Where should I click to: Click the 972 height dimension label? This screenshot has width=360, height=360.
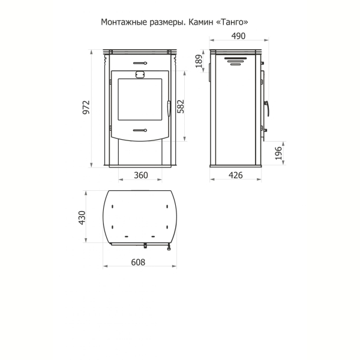point(86,107)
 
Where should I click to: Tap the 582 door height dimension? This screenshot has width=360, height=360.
point(181,106)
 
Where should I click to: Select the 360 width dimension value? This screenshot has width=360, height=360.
point(141,175)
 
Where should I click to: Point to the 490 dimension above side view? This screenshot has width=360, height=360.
point(238,36)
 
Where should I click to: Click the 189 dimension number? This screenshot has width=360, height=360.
point(199,61)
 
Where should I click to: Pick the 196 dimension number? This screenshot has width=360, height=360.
point(278,153)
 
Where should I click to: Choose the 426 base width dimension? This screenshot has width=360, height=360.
point(236,175)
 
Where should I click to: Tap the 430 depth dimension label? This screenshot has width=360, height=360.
point(82,218)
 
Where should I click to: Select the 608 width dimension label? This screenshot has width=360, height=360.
point(138,262)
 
